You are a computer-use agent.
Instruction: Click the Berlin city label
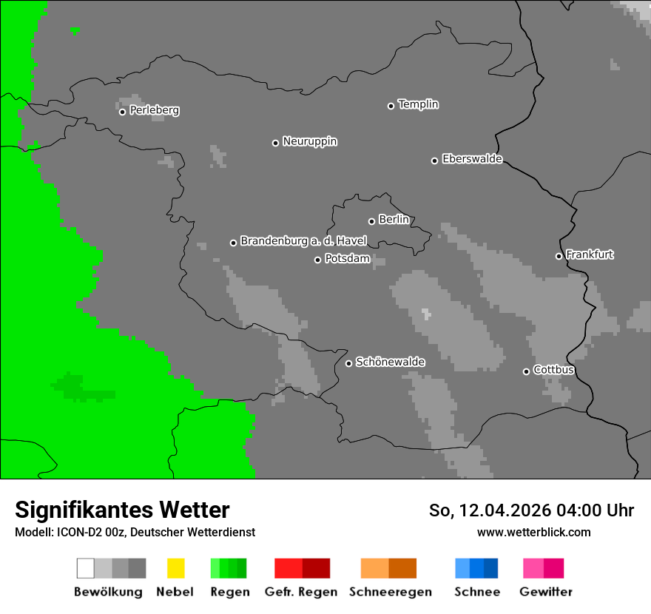coord(394,220)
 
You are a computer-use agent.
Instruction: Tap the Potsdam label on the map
coord(347,259)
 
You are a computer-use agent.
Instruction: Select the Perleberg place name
coord(154,110)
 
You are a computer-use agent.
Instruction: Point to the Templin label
coord(418,104)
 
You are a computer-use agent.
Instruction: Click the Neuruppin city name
coord(309,141)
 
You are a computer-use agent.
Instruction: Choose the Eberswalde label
coord(472,159)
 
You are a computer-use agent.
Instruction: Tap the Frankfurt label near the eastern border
coord(590,254)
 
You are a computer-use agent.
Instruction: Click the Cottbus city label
coord(553,370)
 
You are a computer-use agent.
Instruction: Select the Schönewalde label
coord(390,362)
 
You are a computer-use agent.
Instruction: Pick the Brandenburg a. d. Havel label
coord(303,241)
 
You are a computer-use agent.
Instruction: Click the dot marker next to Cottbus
coord(526,371)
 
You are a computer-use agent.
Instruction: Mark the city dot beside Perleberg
coord(122,112)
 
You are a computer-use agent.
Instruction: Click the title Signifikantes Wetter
coord(122,510)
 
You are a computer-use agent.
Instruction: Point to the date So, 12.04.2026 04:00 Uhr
coord(531,510)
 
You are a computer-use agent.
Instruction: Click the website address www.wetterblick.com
coord(533,532)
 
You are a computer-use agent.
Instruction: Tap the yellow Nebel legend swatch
coord(175,568)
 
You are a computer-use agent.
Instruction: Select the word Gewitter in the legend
coord(545,592)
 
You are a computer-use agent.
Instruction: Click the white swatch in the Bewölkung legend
coord(86,568)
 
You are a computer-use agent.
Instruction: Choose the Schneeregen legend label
coord(390,592)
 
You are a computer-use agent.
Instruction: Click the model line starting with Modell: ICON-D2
coord(135,532)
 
